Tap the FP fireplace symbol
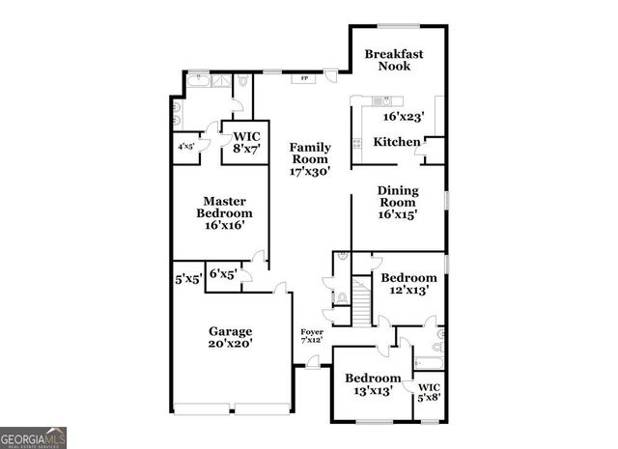304,78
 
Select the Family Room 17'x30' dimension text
310,171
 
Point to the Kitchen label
397,142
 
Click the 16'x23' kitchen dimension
404,116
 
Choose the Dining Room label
398,197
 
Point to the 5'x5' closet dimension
188,280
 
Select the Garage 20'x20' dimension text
230,343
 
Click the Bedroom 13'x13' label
374,383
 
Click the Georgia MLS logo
34,436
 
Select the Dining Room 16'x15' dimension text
398,214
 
